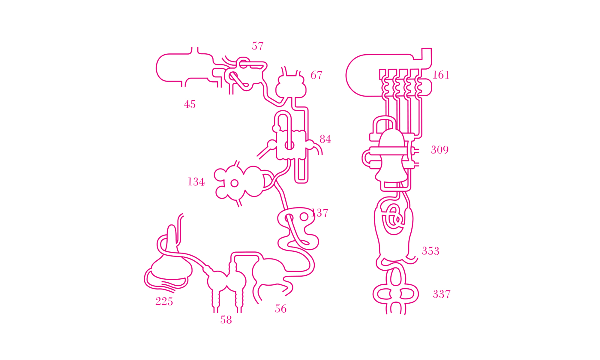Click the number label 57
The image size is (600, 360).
[258, 46]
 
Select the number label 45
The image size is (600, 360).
[190, 104]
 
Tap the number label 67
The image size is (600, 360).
[316, 75]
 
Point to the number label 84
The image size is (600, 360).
[325, 139]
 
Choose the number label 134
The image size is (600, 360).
[196, 182]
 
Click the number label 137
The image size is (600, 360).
[320, 213]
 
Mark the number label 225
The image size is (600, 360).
[164, 301]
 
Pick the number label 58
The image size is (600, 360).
[226, 320]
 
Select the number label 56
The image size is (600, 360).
[281, 309]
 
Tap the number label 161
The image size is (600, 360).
[441, 75]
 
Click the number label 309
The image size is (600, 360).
[440, 150]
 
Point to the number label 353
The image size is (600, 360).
[431, 251]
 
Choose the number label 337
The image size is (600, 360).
[442, 294]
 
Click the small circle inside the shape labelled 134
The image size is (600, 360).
[235, 183]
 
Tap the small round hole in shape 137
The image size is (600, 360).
[304, 217]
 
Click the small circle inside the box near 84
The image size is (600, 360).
[289, 145]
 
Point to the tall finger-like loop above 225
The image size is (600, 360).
[171, 237]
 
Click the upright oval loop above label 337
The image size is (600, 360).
[396, 277]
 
